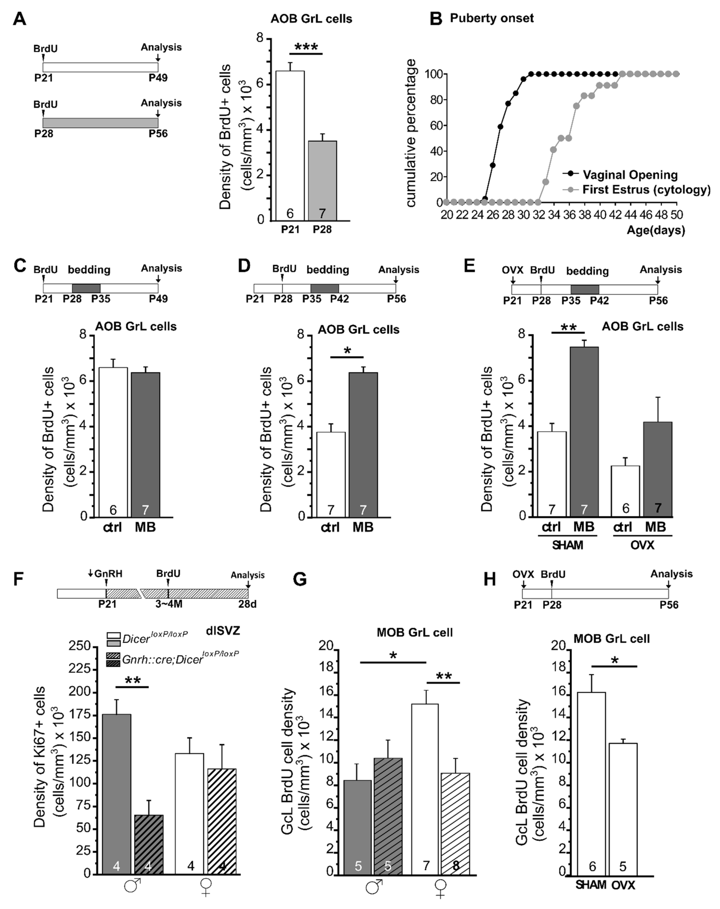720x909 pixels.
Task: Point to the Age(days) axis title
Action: (655, 230)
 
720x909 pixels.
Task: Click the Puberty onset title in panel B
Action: (492, 18)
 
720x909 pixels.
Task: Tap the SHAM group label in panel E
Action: (567, 545)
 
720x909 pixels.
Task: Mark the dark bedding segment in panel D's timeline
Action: (325, 288)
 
